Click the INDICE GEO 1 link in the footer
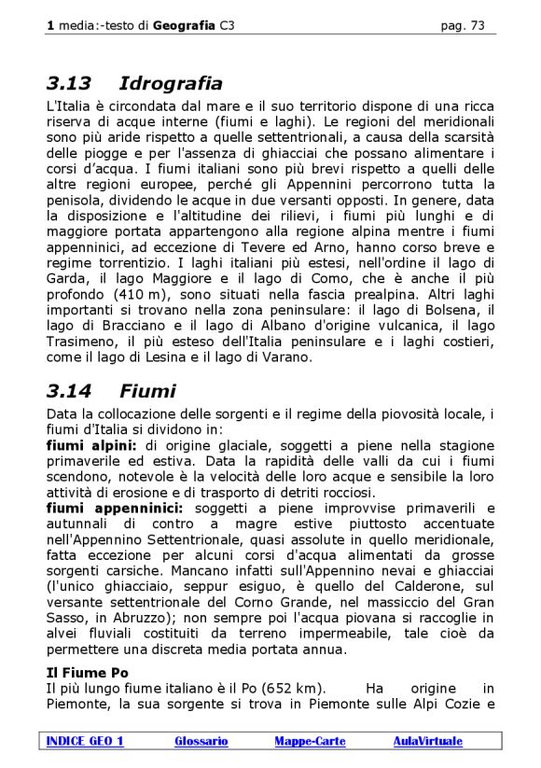pos(85,741)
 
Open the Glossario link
pos(201,741)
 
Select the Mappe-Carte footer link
pos(310,741)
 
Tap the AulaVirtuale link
pos(427,741)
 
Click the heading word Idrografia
pos(171,84)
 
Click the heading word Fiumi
pos(147,391)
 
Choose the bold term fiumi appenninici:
pos(116,508)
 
